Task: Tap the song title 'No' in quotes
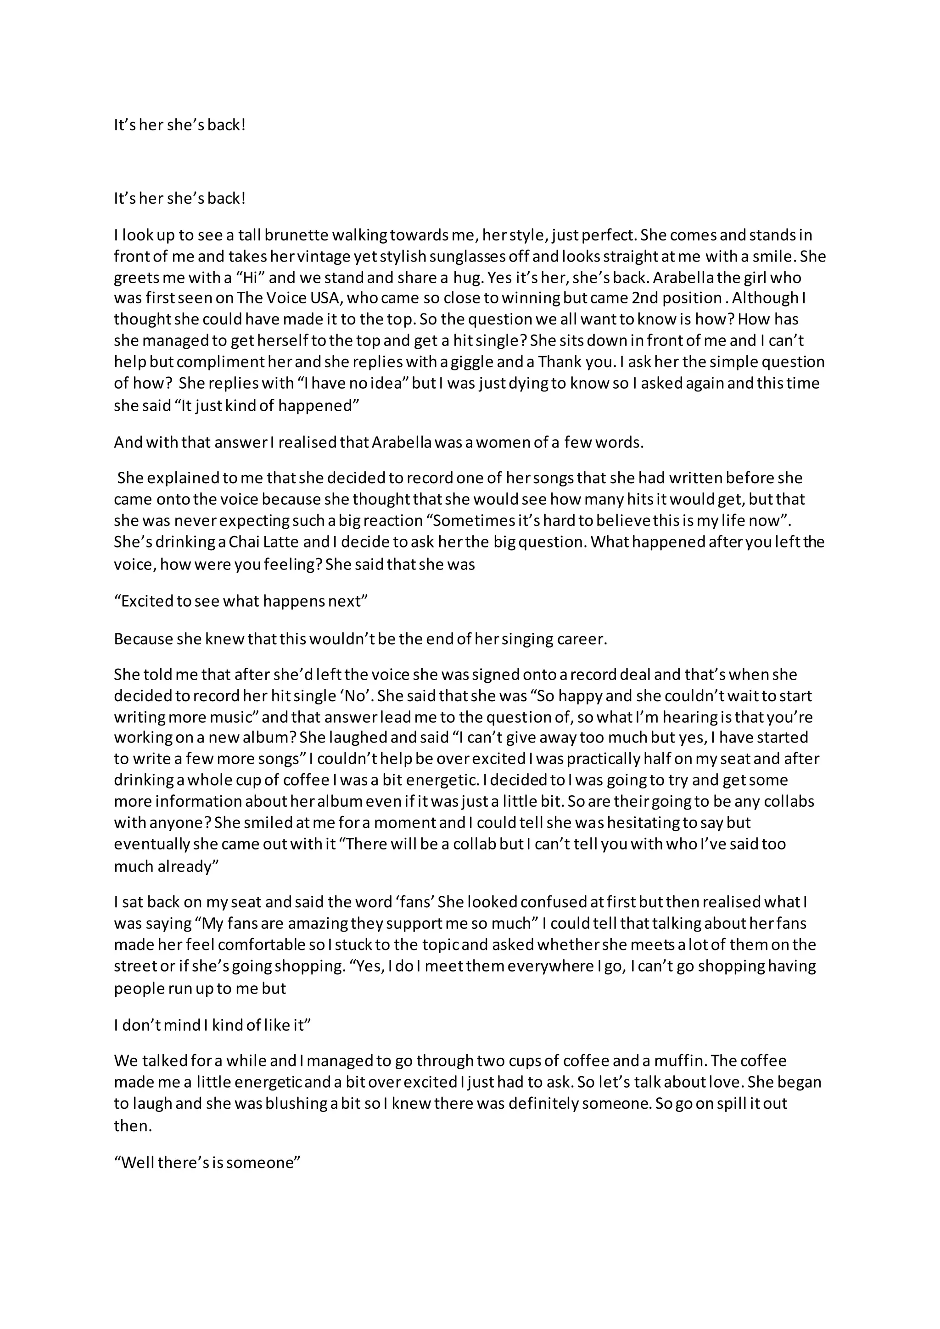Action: point(357,696)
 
